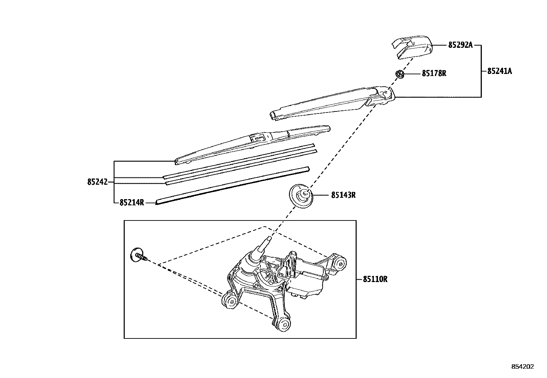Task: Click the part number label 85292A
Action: tap(460, 45)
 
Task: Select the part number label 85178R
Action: tap(434, 73)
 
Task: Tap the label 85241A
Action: tap(499, 71)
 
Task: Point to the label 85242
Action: tap(97, 182)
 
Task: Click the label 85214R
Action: tap(132, 203)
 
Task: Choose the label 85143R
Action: tap(343, 195)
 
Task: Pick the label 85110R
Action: tap(375, 279)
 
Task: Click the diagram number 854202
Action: tap(523, 367)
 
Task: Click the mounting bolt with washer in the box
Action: tap(139, 256)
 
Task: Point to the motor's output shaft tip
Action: tap(269, 239)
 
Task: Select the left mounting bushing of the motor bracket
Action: tap(230, 301)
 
